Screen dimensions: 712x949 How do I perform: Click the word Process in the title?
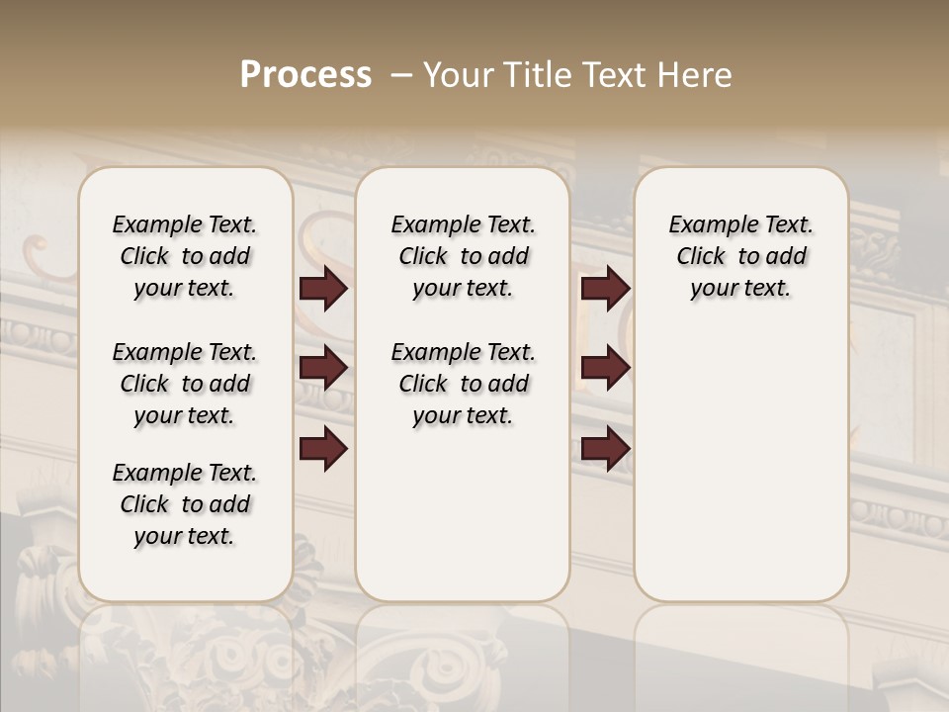pos(305,75)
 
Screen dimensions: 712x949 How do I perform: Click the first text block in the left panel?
pos(185,256)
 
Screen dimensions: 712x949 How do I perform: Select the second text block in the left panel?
pos(185,384)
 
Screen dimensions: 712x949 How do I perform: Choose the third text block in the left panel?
pos(185,504)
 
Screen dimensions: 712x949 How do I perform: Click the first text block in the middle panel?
pos(463,256)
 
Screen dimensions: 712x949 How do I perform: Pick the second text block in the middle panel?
pos(463,384)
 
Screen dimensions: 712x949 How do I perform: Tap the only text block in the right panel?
pos(740,256)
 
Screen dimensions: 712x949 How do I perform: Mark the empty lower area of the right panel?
pos(740,455)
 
